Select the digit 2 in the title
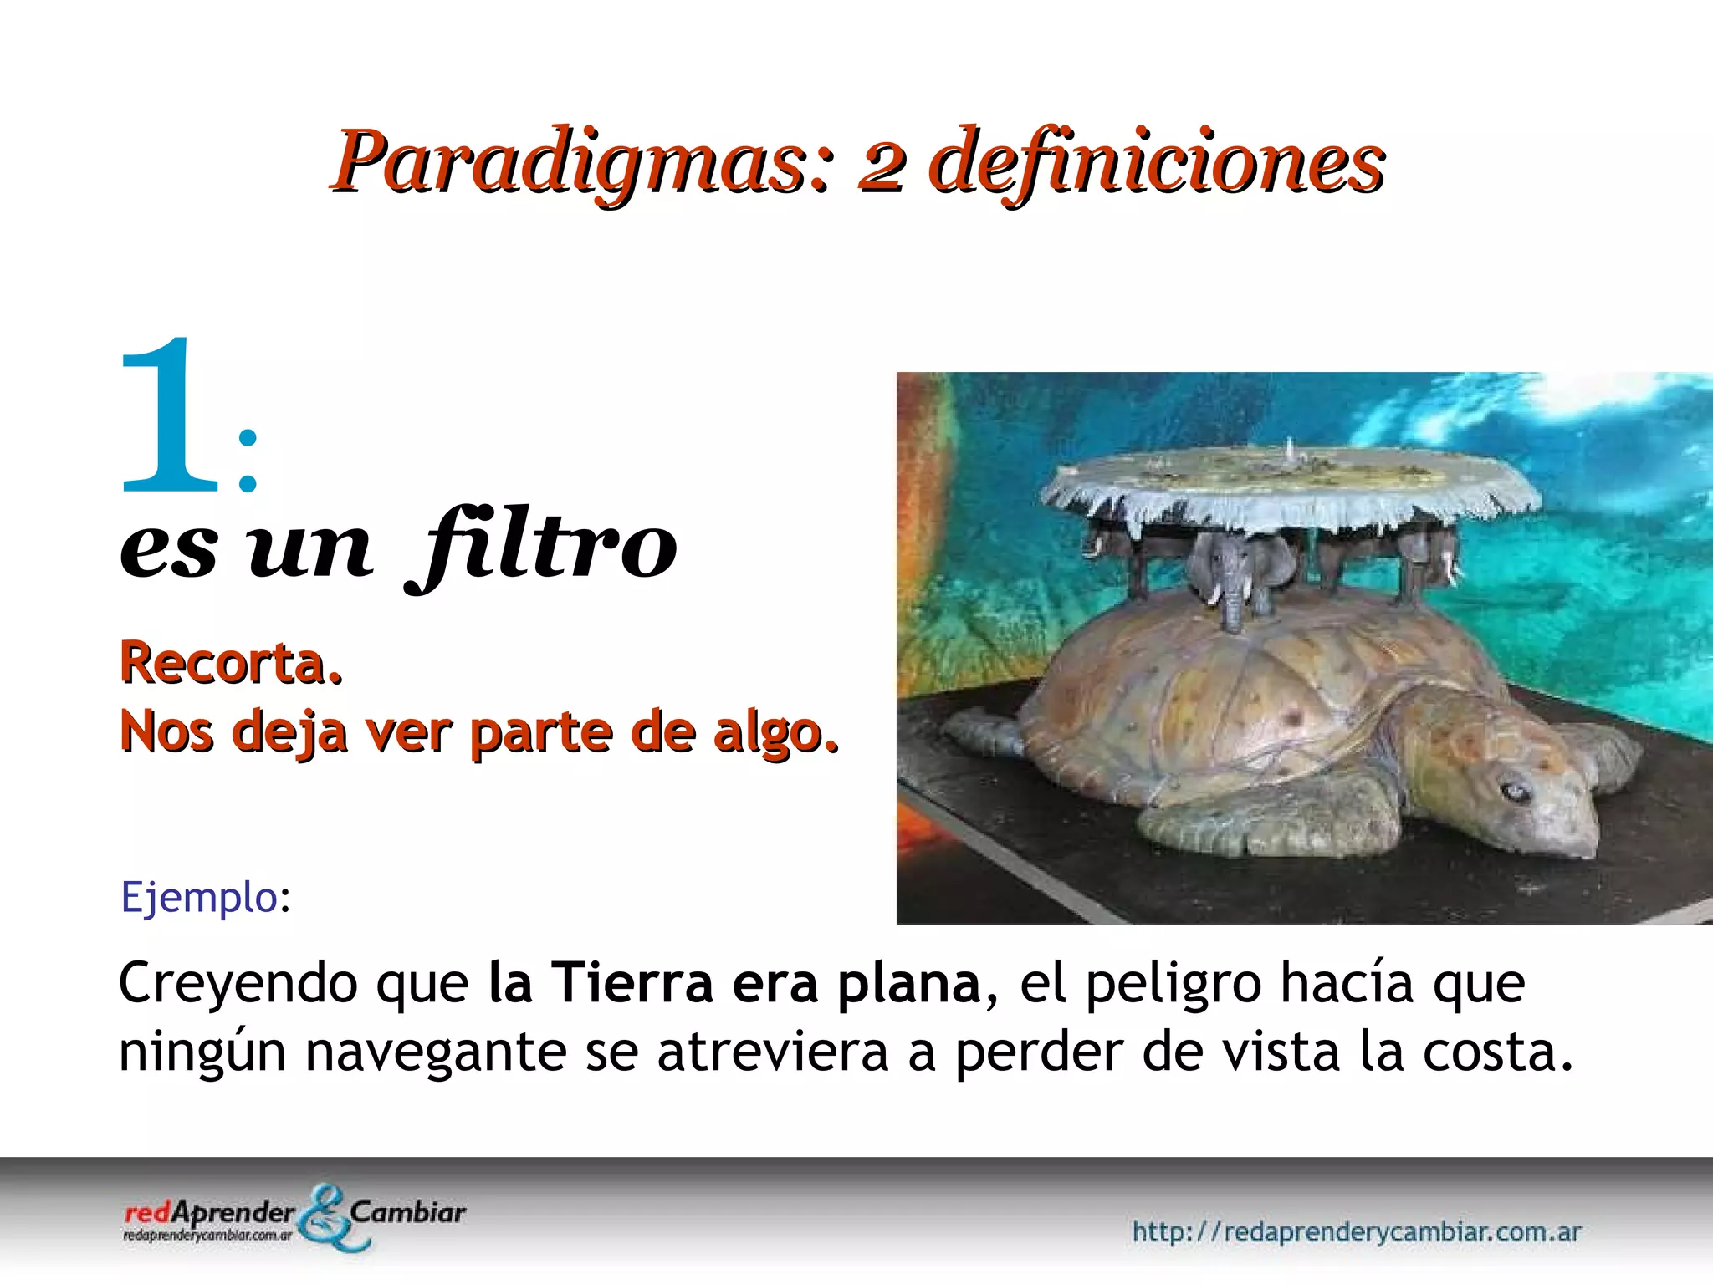881,167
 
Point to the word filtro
544,548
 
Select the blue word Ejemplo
199,898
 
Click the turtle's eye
1515,790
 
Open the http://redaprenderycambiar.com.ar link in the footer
1356,1231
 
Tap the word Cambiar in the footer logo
408,1212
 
